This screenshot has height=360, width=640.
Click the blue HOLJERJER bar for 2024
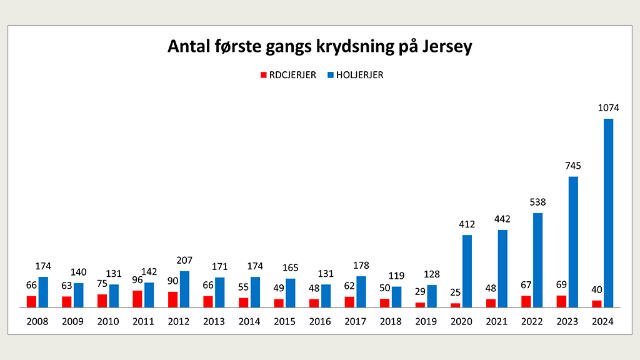(x=608, y=213)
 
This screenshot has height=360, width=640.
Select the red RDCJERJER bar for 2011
(x=137, y=299)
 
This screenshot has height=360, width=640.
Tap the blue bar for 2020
(x=467, y=271)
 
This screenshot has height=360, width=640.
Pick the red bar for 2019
(x=421, y=305)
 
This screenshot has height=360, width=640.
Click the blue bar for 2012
(x=184, y=289)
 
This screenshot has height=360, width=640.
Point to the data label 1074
(x=608, y=107)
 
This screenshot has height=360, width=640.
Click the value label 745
(x=573, y=166)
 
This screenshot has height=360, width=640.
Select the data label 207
(x=184, y=260)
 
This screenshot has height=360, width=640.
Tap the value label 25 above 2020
(x=455, y=292)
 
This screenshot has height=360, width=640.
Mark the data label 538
(x=537, y=202)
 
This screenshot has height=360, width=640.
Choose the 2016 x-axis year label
(x=320, y=321)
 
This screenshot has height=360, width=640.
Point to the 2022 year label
(x=532, y=321)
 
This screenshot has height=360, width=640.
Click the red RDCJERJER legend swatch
(x=264, y=75)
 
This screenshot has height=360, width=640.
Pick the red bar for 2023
(x=561, y=301)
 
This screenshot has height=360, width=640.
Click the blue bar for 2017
(x=361, y=292)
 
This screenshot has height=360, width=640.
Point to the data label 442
(x=502, y=219)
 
